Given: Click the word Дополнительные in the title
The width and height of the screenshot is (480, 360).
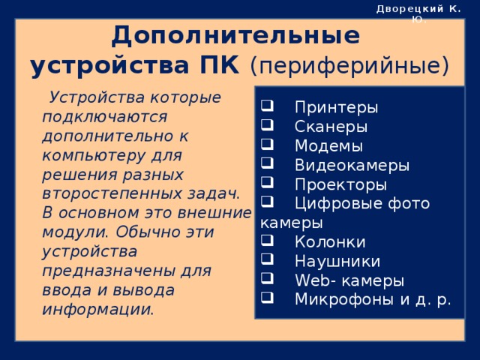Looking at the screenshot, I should coord(235,36).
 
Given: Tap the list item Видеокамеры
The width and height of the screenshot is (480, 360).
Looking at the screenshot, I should coord(352,164).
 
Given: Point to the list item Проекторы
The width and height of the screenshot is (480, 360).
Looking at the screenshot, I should coord(340,184).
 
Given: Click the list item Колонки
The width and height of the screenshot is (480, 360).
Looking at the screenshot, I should coord(330,241).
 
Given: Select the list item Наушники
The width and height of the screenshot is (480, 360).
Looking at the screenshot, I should coord(337,261).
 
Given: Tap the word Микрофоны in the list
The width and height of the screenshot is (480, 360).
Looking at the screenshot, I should coord(339,299).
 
